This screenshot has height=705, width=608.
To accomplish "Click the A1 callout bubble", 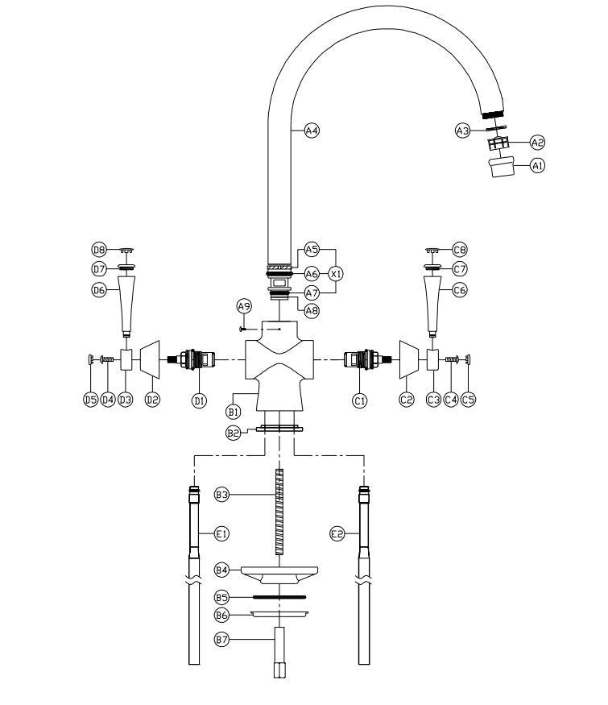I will (536, 166).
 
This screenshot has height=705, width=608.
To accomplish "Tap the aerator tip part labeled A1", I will (502, 168).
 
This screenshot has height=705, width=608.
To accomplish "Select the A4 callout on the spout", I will (312, 131).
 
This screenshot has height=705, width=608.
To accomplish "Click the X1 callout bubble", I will (337, 274).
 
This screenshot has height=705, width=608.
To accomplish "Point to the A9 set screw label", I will (244, 306).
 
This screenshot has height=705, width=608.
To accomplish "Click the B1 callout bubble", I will (233, 412).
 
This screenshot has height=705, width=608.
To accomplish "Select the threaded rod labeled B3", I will (279, 511).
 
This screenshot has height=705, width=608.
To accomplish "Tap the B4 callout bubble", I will (221, 570).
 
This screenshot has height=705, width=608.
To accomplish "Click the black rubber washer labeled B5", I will (279, 597).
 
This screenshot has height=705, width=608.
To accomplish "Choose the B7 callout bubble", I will (221, 640).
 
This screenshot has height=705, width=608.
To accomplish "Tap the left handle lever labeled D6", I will (125, 302).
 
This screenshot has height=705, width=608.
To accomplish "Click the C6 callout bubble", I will (459, 289).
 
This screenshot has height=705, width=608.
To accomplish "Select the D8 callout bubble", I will (99, 250).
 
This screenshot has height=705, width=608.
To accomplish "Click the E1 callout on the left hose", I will (221, 533).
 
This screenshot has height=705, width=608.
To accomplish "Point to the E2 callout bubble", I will (337, 533).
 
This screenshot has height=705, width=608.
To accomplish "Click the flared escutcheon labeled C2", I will (408, 359).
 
